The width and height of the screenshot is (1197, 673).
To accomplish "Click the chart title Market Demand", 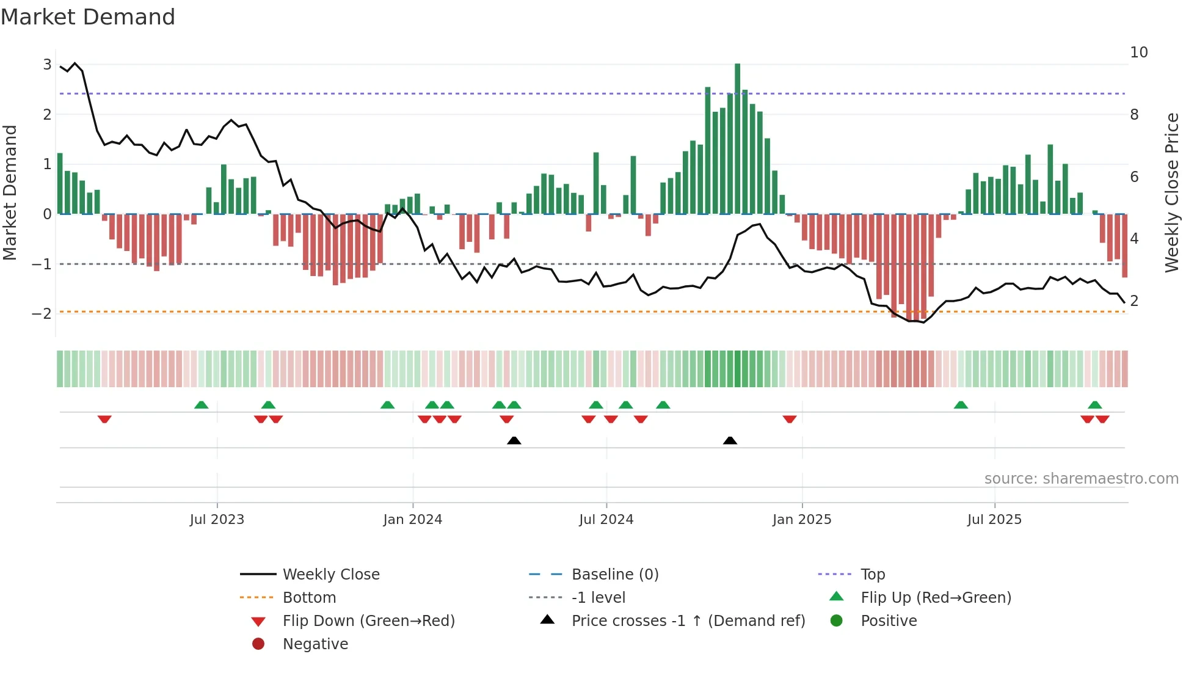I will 88,17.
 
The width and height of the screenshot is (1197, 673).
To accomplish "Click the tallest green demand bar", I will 737,139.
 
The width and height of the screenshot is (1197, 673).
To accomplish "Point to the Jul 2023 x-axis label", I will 217,520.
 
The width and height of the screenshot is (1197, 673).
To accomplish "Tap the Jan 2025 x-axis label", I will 801,520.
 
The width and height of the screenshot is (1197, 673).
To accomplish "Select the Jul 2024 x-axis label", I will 606,520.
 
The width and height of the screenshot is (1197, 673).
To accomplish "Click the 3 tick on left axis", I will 47,65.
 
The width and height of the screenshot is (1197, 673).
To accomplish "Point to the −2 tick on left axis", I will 42,314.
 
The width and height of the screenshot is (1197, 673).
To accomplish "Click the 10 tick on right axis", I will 1138,53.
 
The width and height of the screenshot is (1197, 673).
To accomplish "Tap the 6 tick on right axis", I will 1134,177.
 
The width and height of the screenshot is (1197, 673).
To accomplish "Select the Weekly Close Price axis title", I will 1171,192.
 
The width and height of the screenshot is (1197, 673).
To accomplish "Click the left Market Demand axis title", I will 10,192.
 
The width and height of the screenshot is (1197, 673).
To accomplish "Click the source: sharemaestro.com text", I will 1081,479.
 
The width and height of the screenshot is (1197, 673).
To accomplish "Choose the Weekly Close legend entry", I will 330,575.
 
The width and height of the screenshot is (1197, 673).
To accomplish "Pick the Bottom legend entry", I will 309,598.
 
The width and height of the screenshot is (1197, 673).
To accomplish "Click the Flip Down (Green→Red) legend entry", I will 368,621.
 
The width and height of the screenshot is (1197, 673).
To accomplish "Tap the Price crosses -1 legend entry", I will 688,621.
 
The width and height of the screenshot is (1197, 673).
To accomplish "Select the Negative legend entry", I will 315,644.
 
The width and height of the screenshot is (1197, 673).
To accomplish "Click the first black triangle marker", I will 514,440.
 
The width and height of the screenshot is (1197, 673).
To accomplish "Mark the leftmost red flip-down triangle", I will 104,419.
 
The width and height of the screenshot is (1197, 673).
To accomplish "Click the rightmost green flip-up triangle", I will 1094,405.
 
